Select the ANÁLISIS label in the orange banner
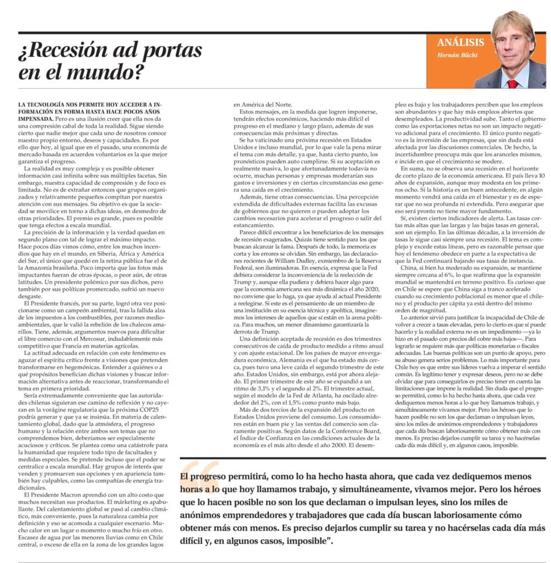(460, 42)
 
